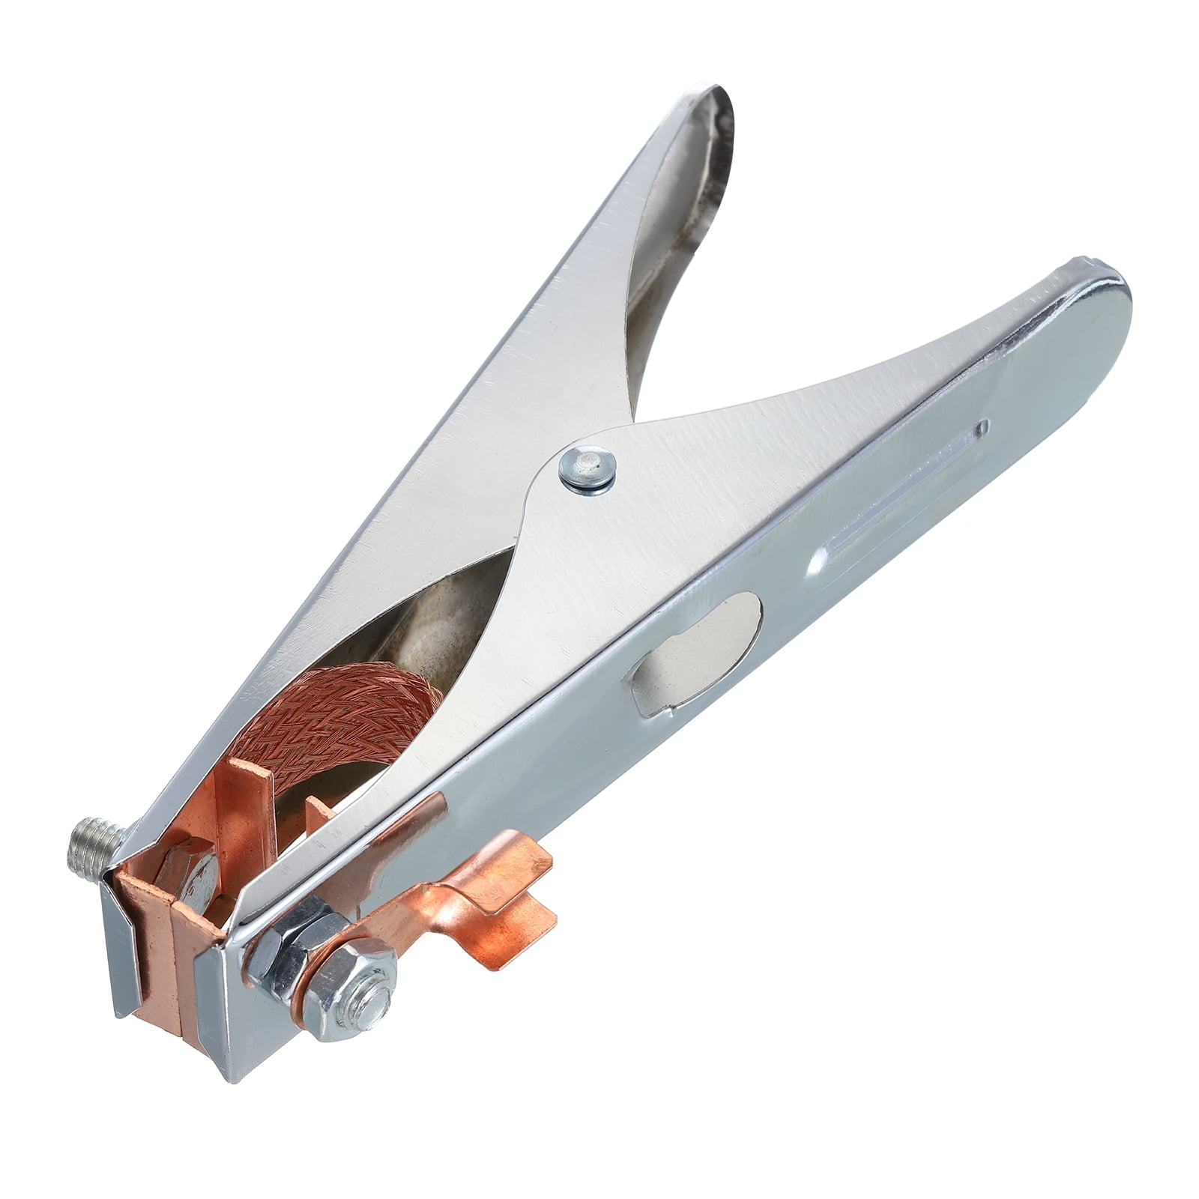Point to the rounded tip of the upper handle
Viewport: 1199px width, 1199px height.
pos(708,120)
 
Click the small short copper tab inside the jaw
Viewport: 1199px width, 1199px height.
pos(318,809)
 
